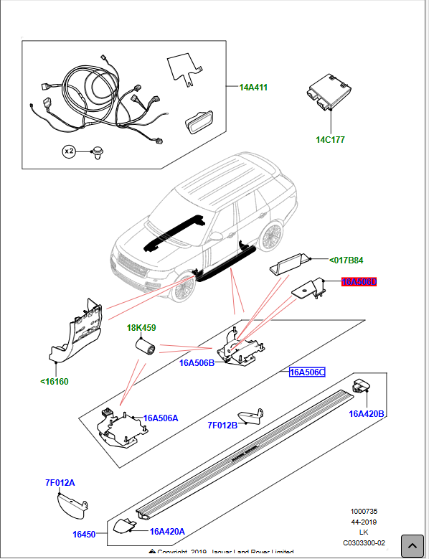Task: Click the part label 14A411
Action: click(x=253, y=88)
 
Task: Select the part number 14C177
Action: click(x=330, y=139)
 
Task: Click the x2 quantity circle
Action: click(x=70, y=151)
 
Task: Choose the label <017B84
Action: click(x=346, y=260)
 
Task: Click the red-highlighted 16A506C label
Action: click(x=359, y=282)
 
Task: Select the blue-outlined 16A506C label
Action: click(x=307, y=372)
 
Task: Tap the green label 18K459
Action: click(x=141, y=328)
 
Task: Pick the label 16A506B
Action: click(x=197, y=363)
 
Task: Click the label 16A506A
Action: click(x=161, y=418)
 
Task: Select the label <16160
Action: click(x=55, y=381)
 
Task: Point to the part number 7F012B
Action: click(x=222, y=426)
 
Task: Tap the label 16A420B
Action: click(x=367, y=413)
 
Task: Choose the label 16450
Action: click(x=84, y=535)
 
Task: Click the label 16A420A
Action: click(x=167, y=532)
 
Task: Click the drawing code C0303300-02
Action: click(x=364, y=542)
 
